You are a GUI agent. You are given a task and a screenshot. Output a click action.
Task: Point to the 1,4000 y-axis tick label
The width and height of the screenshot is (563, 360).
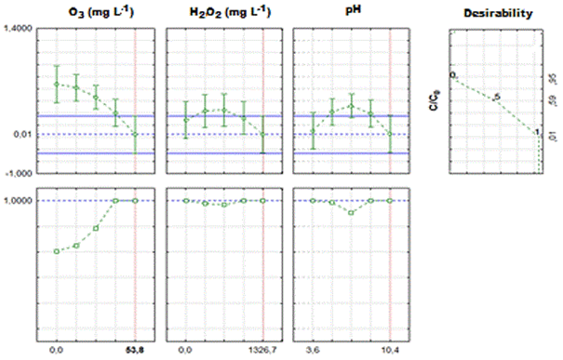(19, 30)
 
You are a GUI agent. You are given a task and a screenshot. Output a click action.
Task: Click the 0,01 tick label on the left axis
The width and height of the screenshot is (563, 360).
(24, 136)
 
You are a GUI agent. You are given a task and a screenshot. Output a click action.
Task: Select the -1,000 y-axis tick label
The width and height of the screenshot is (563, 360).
(20, 174)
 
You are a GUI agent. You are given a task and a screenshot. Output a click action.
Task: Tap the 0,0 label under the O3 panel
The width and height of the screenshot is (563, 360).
(56, 350)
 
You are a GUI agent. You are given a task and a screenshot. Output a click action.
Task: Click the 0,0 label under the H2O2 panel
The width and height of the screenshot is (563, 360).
(185, 350)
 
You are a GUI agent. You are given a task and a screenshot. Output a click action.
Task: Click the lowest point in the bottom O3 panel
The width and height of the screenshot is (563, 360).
(56, 251)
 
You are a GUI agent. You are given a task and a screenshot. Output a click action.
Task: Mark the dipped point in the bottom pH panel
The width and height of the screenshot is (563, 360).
(351, 212)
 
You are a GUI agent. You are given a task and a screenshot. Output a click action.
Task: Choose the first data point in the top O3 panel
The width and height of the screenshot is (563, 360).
(56, 85)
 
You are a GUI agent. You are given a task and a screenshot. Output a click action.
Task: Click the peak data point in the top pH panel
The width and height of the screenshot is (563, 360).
(351, 105)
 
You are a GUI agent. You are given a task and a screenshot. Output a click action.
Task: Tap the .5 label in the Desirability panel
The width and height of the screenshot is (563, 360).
(497, 97)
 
